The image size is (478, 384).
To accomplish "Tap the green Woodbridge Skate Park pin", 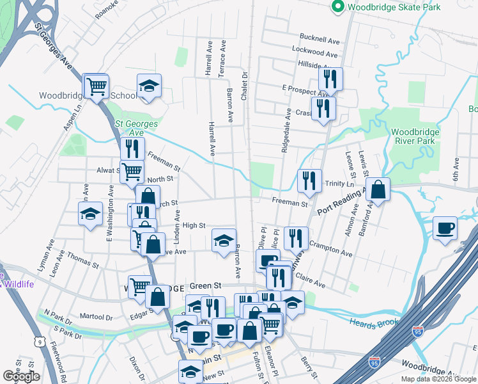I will [x=337, y=7].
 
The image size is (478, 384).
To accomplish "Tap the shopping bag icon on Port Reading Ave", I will [x=378, y=189].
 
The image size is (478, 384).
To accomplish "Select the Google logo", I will [x=21, y=376].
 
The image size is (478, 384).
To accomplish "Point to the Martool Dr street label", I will [x=96, y=317].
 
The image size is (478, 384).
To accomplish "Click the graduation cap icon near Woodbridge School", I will [x=149, y=86].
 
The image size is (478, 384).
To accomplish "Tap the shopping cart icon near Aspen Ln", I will [x=96, y=86].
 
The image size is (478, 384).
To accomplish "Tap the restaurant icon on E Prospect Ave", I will [x=330, y=79].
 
